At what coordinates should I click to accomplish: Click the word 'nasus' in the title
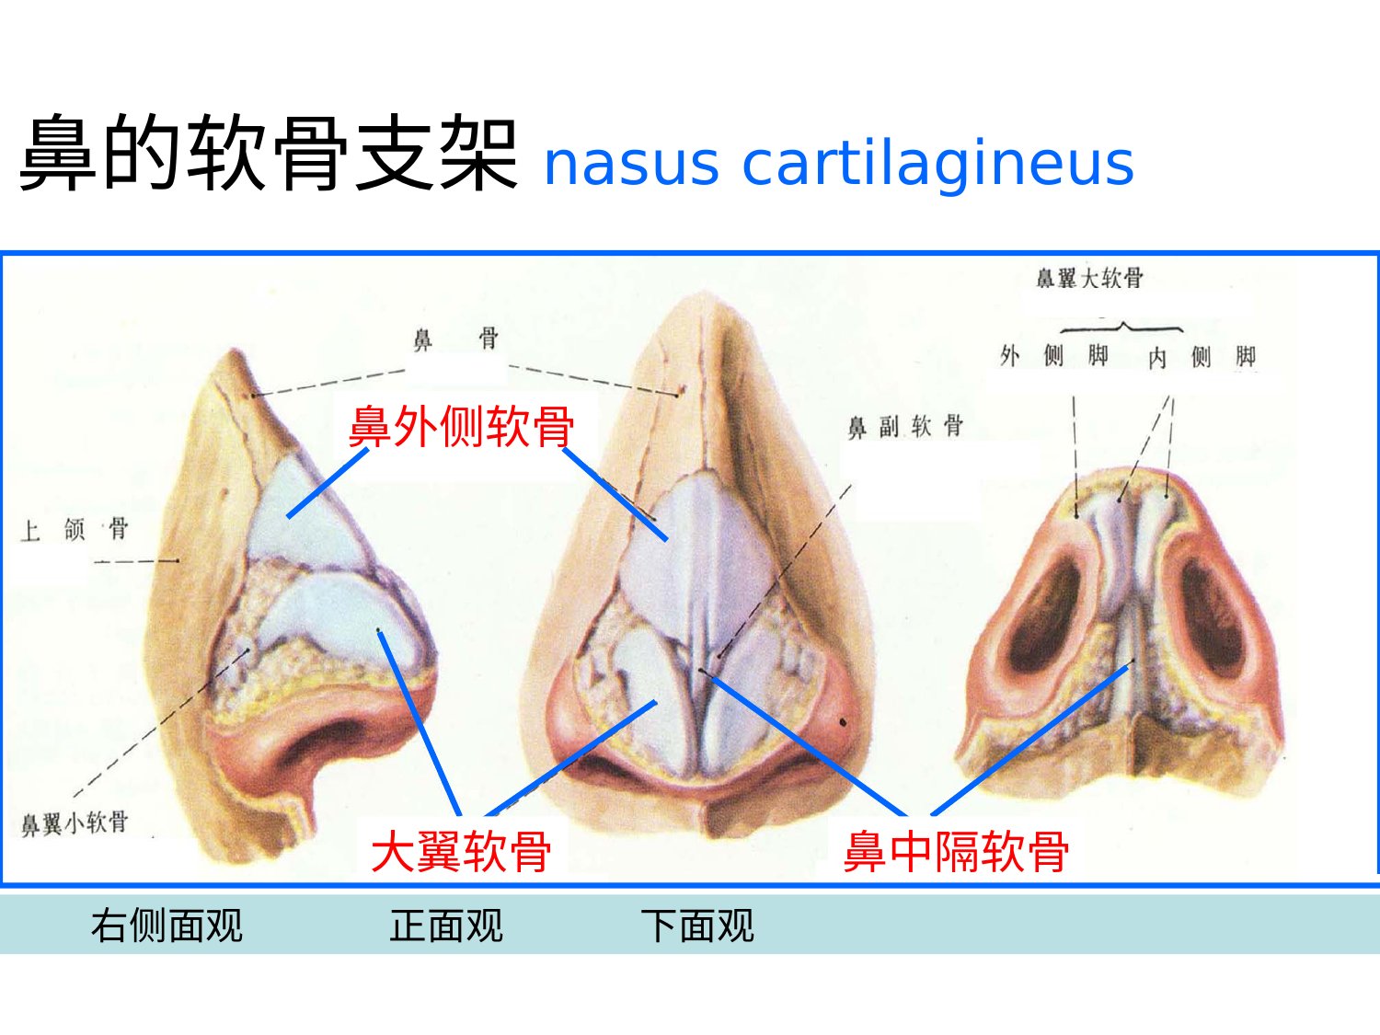click(631, 164)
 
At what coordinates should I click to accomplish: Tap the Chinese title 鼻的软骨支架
click(269, 153)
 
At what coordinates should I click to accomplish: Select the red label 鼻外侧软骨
click(462, 427)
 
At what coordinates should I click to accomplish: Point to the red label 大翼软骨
click(462, 851)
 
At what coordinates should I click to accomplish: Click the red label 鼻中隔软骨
click(956, 851)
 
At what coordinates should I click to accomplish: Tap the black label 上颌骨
click(75, 529)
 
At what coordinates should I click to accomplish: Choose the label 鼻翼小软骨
click(75, 823)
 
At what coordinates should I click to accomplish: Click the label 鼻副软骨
click(905, 427)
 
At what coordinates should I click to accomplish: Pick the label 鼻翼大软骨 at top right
click(1089, 277)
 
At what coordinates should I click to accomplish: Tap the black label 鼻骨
click(455, 339)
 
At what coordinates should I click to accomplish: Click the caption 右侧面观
click(167, 926)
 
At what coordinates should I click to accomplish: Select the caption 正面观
click(446, 926)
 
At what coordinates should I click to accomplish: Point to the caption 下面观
click(697, 926)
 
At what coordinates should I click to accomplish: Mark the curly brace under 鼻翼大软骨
click(1121, 327)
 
